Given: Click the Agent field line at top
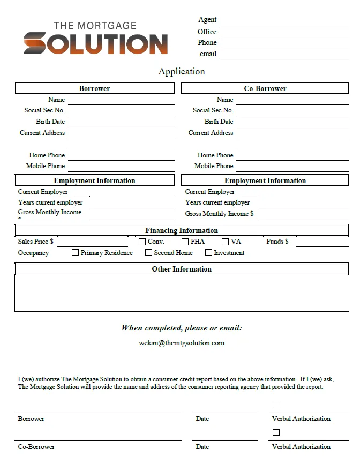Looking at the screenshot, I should (x=284, y=21).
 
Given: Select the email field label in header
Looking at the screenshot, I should (x=208, y=54).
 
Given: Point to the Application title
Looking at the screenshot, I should (x=182, y=71).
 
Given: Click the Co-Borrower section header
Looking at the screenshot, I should (x=265, y=88).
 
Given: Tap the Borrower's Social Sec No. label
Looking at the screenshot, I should (x=44, y=110).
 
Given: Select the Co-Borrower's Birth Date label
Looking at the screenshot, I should (x=219, y=122).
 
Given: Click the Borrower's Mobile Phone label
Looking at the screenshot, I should (x=46, y=166).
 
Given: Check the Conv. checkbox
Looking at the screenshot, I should (x=142, y=242).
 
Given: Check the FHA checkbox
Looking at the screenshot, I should (x=185, y=242).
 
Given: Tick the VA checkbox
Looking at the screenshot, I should (x=226, y=242).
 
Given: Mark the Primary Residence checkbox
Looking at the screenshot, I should (x=76, y=253).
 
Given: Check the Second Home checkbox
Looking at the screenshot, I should (x=149, y=253).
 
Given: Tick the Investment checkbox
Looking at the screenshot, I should (x=209, y=253).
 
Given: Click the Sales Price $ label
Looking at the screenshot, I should (x=35, y=242).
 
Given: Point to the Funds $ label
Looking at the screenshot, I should (x=277, y=242).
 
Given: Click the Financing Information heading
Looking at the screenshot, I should (x=182, y=231).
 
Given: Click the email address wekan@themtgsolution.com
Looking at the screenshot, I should (x=182, y=343).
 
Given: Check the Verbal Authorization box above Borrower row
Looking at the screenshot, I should (x=276, y=405).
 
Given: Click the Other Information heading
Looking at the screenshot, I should (x=182, y=269).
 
